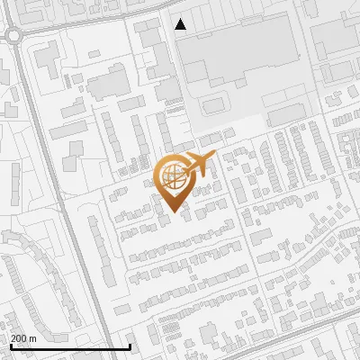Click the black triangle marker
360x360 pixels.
pos(181,24)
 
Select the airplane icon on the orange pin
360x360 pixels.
pos(198,166)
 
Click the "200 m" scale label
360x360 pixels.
pos(23,338)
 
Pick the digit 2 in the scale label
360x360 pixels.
pos(13,338)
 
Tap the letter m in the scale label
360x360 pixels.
pos(32,338)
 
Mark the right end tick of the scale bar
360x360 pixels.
pos(130,346)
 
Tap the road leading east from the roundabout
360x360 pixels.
pos(81,28)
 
